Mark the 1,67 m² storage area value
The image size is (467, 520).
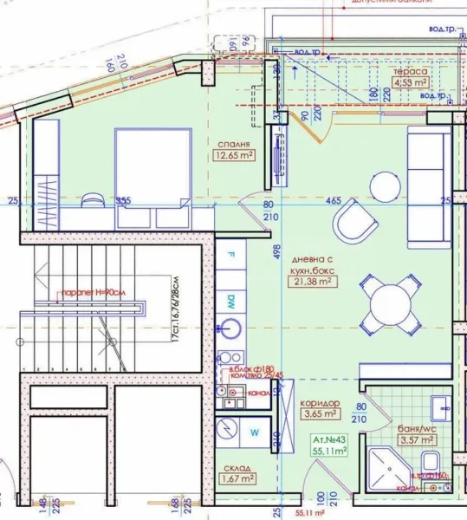[236, 478]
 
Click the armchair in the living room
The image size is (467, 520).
[355, 222]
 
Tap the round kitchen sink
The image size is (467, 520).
[231, 329]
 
